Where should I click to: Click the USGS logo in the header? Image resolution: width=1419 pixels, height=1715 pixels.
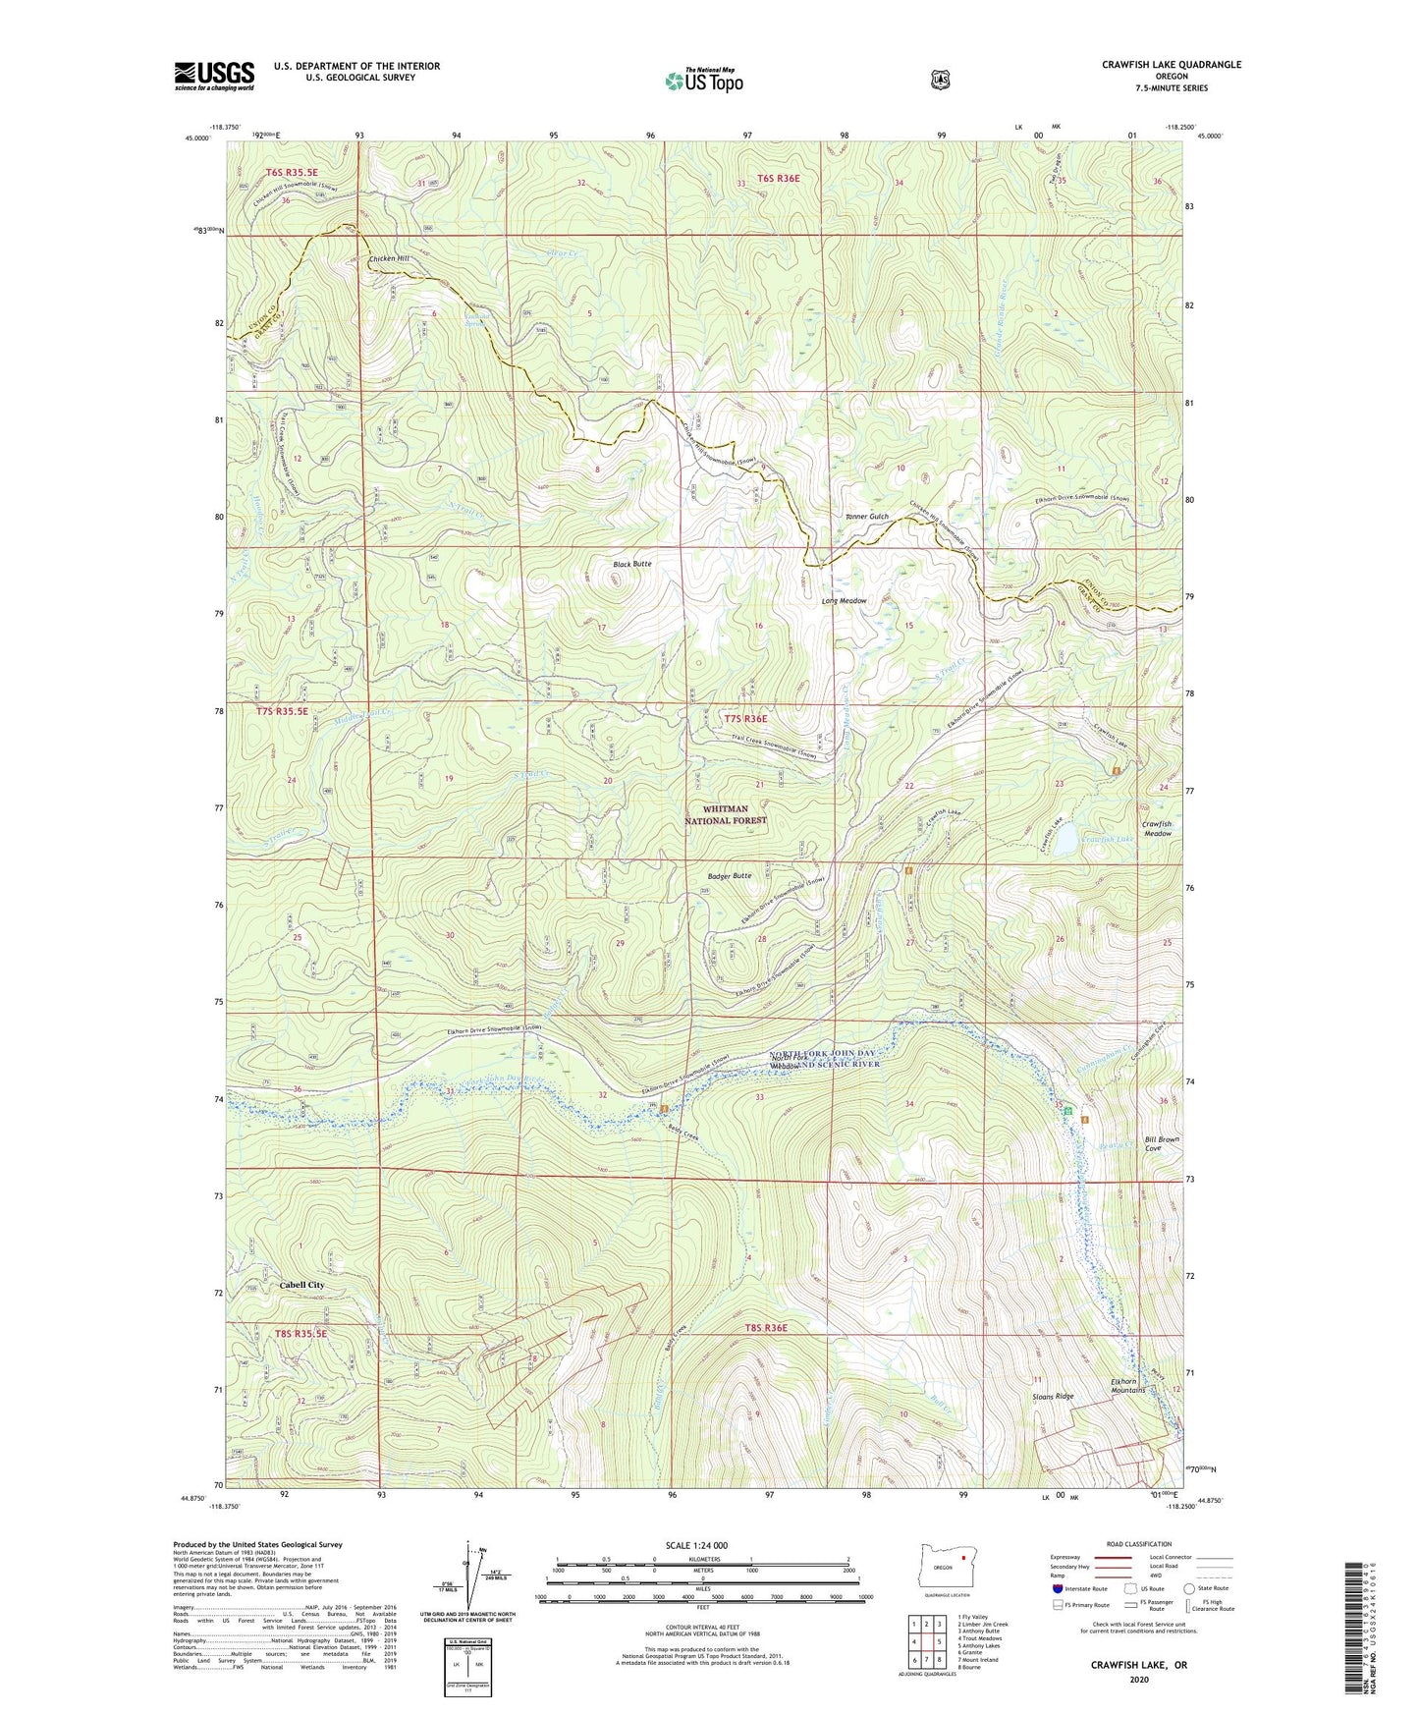pos(214,76)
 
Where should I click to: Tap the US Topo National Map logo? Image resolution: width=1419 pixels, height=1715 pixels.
pos(702,80)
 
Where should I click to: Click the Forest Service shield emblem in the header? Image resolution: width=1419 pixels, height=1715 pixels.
pos(940,80)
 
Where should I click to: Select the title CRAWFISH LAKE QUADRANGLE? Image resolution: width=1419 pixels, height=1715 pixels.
pos(1171,65)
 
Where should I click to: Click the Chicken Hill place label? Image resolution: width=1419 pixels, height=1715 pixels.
pos(389,258)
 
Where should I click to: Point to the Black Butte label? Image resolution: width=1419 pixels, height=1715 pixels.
pos(631,564)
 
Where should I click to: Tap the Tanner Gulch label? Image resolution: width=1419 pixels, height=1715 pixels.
pos(866,517)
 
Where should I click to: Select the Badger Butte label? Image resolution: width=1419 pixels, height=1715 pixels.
pos(729,875)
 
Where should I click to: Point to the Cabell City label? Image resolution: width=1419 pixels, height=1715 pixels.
pos(301,1285)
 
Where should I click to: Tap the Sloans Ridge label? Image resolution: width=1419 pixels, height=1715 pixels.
pos(1053,1396)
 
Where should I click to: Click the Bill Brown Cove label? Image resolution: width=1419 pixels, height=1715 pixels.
pos(1162,1143)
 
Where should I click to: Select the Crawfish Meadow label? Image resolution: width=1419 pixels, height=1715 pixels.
pos(1156,828)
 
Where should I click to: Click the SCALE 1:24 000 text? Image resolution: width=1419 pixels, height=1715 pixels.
pos(696,1545)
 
